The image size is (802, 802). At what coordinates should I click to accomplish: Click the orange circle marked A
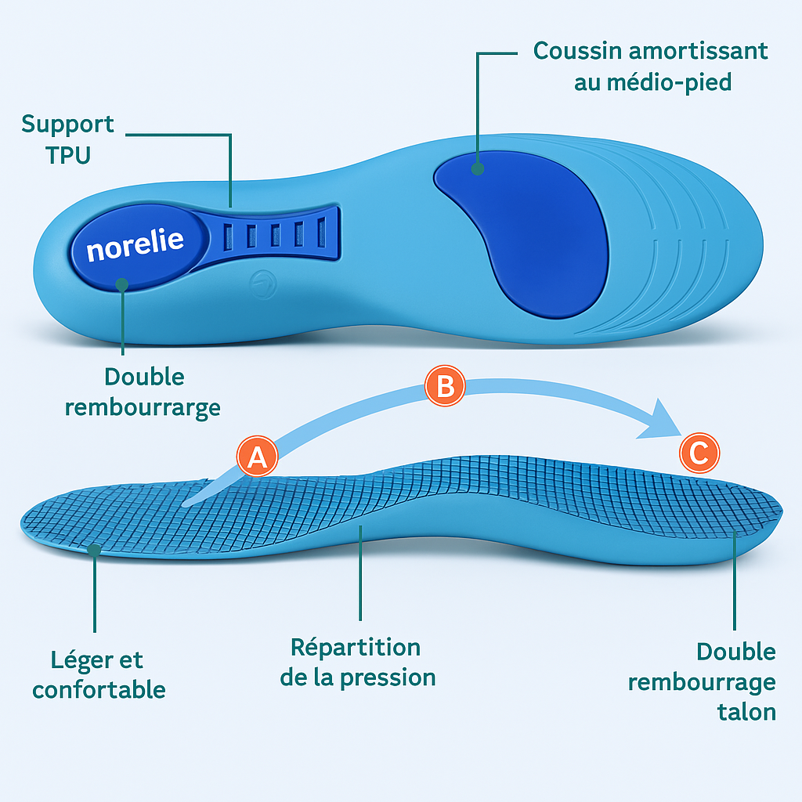[257, 457]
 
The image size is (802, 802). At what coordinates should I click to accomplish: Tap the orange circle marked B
[445, 387]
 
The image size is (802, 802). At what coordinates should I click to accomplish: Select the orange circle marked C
[699, 452]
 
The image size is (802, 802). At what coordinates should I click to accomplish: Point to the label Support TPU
[67, 139]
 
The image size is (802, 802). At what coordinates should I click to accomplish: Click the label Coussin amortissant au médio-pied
[651, 66]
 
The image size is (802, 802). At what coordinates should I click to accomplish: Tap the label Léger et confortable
[99, 674]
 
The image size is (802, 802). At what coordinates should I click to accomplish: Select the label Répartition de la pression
[357, 662]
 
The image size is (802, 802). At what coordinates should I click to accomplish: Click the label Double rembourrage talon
[703, 681]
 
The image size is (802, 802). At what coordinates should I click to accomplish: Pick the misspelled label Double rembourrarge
[143, 392]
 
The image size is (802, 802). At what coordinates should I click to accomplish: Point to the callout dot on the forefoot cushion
[477, 168]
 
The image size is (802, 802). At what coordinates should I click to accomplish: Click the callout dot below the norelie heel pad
[122, 284]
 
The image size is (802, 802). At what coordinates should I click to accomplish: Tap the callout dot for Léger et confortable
[94, 551]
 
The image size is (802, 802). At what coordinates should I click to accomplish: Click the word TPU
[67, 154]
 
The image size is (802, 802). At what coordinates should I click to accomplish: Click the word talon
[746, 712]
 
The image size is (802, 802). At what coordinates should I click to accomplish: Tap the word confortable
[99, 689]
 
